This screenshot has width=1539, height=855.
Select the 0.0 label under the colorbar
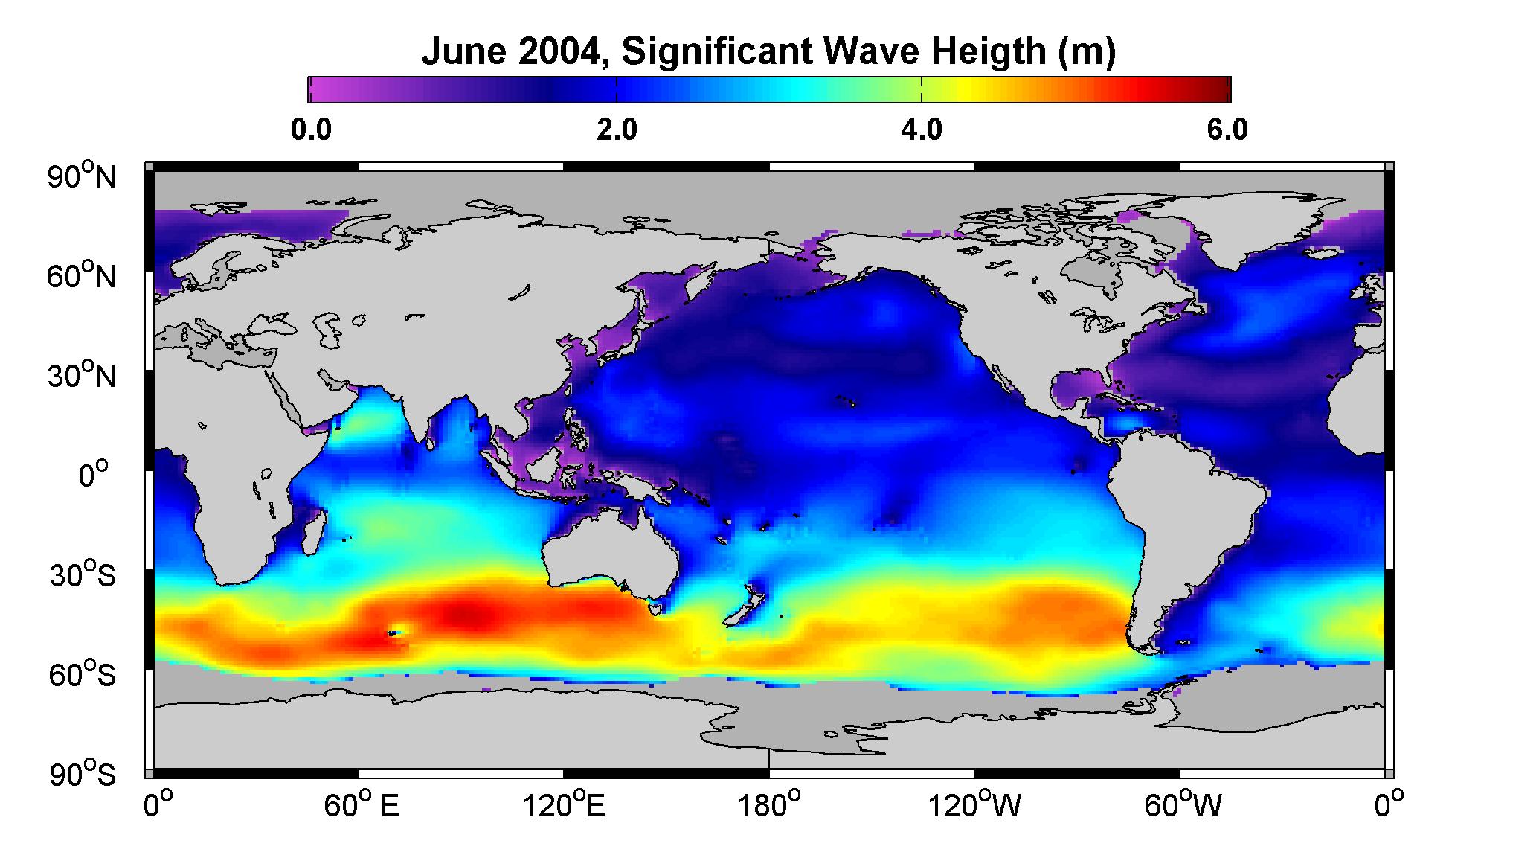pos(311,130)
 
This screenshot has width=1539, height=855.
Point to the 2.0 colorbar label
pos(617,130)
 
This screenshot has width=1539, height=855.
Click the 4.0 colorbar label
pos(922,130)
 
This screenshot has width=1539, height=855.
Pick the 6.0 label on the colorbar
pos(1227,130)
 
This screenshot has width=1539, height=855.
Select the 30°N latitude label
pos(83,376)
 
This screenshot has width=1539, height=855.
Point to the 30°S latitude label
pos(83,575)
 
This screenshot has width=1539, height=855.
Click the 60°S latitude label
pos(83,675)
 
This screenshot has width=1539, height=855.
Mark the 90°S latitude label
pos(83,775)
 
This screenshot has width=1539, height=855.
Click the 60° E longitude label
pos(361,805)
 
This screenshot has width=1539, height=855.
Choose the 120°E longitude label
pos(564,805)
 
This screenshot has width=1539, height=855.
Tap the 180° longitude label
pos(768,805)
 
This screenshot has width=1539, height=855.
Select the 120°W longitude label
pos(974,805)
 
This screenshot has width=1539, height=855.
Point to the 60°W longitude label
pos(1180,805)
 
